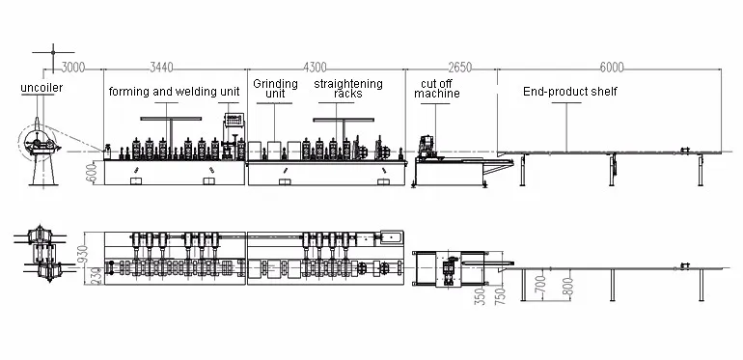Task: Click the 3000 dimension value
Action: point(73,68)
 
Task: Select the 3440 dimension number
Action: point(161,68)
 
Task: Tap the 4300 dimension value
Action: point(316,68)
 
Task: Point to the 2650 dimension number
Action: point(460,68)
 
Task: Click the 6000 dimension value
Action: point(612,68)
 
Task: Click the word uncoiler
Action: point(41,88)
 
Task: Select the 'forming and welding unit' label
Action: point(175,92)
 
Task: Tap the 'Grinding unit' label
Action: point(275,89)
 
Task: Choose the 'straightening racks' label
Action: point(348,89)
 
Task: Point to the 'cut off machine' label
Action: point(437,89)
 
